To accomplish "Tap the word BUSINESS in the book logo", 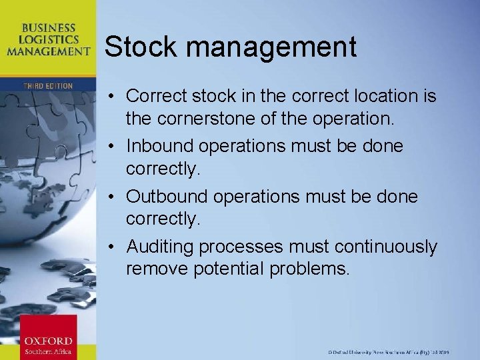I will [48, 28].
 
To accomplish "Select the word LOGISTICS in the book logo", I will [48, 39].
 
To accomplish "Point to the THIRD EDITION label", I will [48, 86].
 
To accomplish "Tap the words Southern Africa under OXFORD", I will [48, 351].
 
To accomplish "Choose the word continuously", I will [386, 247].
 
